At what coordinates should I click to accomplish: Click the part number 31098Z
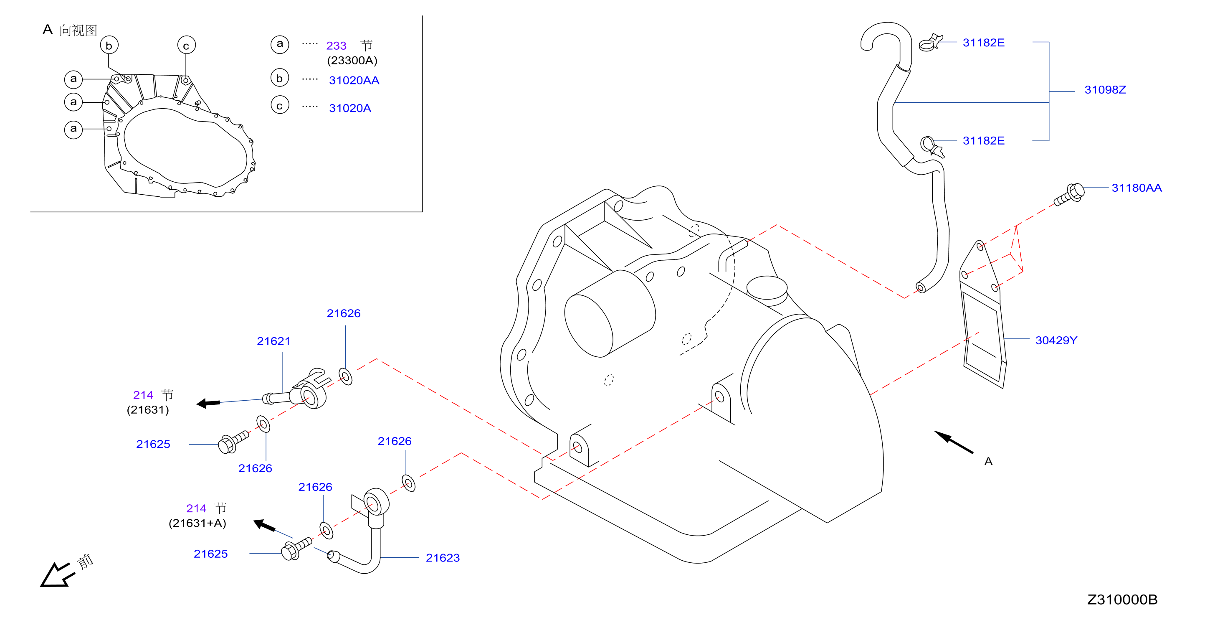click(1105, 90)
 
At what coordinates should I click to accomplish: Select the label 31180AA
click(1136, 188)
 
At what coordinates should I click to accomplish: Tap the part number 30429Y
click(1056, 340)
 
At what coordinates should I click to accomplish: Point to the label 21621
click(273, 341)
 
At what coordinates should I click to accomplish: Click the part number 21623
click(443, 558)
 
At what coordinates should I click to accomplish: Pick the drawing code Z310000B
click(1122, 600)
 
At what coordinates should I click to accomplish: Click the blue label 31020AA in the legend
click(354, 80)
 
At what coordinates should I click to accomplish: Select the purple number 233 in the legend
click(337, 46)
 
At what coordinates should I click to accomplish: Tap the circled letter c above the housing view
click(186, 46)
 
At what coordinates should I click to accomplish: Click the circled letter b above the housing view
click(109, 46)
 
